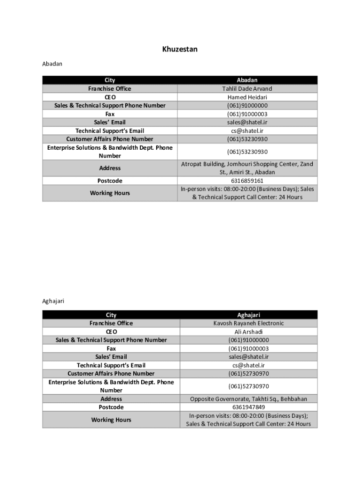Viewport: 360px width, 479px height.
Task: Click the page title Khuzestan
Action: point(180,49)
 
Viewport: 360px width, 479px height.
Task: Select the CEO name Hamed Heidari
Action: point(247,97)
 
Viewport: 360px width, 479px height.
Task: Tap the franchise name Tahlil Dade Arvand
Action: point(247,89)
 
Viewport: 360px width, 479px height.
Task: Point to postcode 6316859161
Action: point(247,181)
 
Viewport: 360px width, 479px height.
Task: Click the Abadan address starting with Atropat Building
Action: point(247,168)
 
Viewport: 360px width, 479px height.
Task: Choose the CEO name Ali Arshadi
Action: point(248,332)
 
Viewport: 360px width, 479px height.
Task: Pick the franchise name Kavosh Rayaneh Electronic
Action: point(248,323)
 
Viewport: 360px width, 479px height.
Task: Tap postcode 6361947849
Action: point(248,407)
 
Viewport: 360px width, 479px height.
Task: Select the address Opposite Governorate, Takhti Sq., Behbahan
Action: point(248,399)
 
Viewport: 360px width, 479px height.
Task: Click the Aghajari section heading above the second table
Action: point(53,301)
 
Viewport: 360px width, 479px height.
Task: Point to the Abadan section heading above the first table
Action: point(52,64)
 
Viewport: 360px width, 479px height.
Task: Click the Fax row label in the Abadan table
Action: point(110,114)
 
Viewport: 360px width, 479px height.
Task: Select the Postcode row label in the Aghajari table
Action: point(111,407)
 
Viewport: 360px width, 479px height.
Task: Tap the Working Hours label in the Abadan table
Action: point(110,193)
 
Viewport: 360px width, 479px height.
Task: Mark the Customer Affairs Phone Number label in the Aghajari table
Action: point(111,374)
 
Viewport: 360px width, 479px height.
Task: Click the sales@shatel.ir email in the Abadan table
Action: point(247,123)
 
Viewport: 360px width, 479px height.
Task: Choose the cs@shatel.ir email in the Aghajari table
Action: point(248,365)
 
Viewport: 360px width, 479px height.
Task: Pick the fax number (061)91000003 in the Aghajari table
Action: point(248,348)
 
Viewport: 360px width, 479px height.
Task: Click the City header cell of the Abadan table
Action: point(110,80)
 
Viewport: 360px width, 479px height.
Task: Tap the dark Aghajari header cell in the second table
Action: point(248,315)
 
